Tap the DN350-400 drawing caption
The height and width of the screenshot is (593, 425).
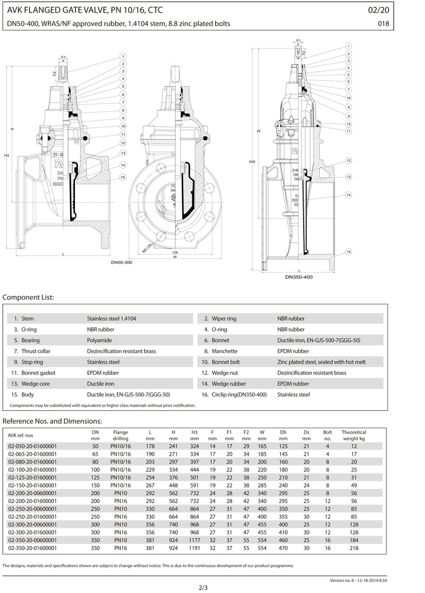299,277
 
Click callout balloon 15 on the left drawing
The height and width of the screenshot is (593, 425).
123,177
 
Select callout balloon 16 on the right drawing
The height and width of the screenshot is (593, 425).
348,98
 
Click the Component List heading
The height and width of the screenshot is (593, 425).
29,297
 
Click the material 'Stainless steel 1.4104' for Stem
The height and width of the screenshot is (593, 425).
111,318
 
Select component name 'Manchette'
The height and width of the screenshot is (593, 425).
224,351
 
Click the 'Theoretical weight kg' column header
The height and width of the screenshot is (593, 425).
353,436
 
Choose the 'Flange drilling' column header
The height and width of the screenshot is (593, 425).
120,436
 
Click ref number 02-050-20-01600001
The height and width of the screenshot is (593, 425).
32,446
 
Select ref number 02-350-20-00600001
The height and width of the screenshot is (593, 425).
32,541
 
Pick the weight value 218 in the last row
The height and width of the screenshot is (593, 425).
353,549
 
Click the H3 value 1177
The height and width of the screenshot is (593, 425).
194,541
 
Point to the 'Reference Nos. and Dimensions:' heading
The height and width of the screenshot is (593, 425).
53,420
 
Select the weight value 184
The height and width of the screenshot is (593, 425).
353,541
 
